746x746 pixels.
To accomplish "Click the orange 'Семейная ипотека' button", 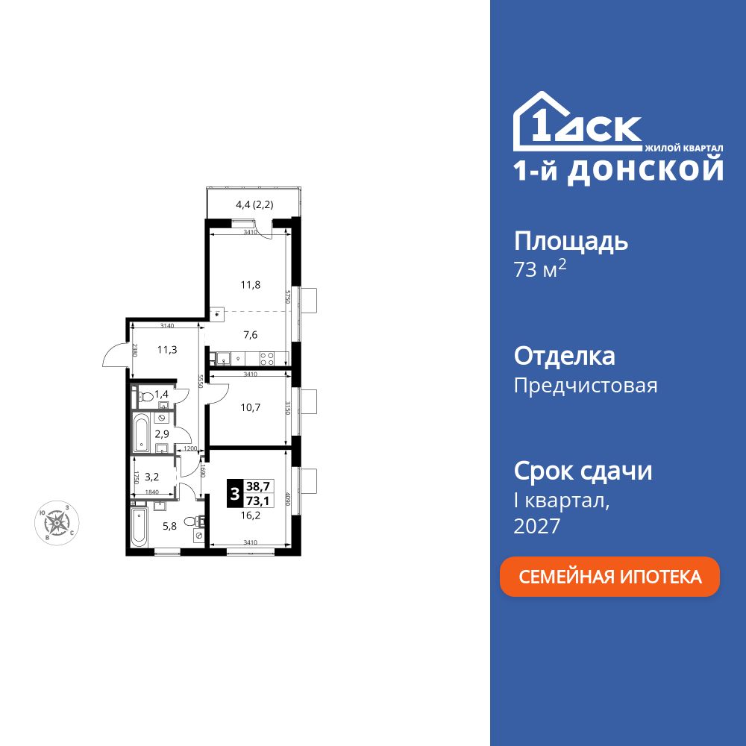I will (x=609, y=577).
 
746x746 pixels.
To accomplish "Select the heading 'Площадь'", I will (x=571, y=241).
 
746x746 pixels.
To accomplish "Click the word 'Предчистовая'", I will (x=586, y=386).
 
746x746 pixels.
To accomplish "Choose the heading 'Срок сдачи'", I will (x=583, y=471).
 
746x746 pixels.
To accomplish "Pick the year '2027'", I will (x=537, y=527).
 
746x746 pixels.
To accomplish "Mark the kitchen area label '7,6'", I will (x=251, y=334).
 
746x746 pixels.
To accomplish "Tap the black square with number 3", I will (x=235, y=494).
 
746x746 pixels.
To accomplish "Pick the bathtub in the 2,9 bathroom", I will (x=142, y=433).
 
